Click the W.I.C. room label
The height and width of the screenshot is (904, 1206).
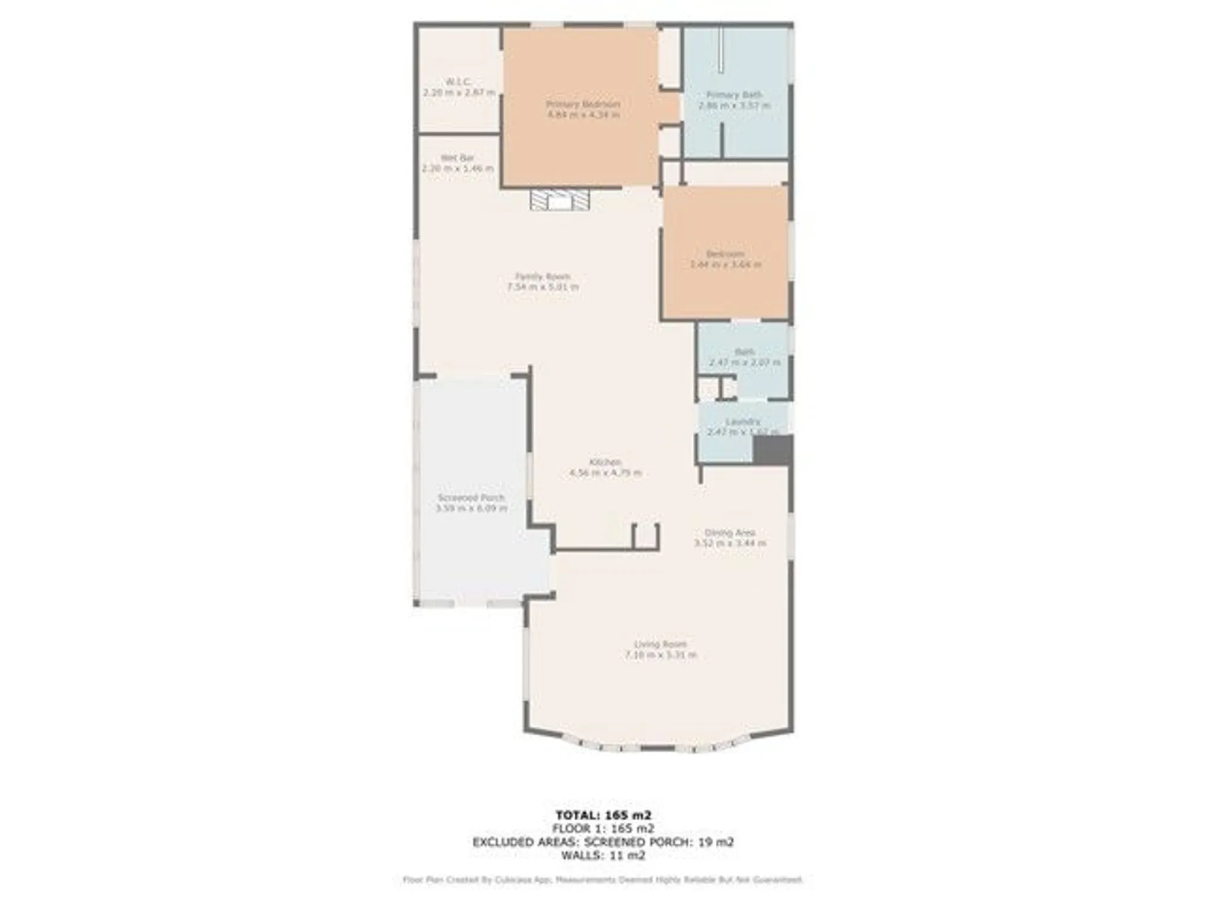tap(459, 81)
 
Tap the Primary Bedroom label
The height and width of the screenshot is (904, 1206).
tap(583, 104)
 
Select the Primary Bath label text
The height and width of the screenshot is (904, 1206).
tap(734, 95)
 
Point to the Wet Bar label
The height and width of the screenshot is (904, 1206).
tap(457, 158)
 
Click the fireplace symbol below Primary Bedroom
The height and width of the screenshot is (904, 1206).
tap(560, 200)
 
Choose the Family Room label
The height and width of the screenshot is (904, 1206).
tap(543, 276)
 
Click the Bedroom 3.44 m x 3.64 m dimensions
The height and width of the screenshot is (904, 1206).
tap(725, 264)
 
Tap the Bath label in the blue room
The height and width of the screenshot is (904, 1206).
tap(745, 351)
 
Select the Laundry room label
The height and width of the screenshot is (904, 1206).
tap(742, 422)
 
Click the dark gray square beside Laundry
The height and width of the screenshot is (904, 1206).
tap(772, 450)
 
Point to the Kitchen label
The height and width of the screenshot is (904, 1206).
tap(605, 462)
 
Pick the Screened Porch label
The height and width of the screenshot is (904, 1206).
tap(471, 498)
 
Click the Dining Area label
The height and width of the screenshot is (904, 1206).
tap(730, 533)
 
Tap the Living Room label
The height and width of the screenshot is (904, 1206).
tap(660, 644)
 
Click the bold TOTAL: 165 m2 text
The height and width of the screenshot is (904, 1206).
tap(603, 815)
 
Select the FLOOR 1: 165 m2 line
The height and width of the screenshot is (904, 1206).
tap(603, 829)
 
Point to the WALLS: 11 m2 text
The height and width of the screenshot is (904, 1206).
tap(603, 855)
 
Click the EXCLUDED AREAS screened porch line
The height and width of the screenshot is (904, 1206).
tap(603, 842)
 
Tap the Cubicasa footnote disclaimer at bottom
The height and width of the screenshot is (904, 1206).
tap(603, 880)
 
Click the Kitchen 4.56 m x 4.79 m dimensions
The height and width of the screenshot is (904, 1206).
tap(605, 472)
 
